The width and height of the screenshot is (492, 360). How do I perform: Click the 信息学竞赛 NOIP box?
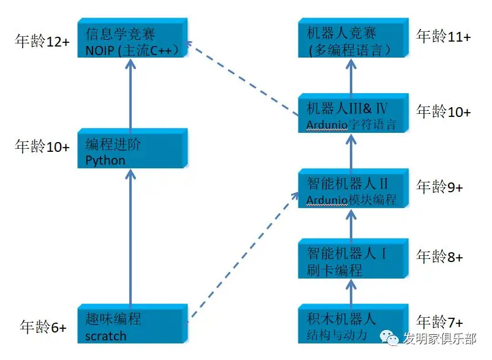(132, 38)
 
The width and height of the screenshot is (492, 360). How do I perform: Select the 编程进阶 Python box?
(132, 148)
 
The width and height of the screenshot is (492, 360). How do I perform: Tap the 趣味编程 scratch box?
(132, 324)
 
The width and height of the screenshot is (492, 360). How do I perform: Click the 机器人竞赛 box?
(354, 38)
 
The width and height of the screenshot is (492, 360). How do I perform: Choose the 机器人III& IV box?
(354, 113)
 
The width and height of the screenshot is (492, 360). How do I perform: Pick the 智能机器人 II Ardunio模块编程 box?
(354, 188)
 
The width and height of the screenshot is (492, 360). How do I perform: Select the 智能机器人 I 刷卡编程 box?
(354, 258)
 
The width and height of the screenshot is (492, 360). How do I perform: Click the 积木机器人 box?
(354, 324)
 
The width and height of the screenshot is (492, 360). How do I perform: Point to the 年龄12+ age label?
(42, 41)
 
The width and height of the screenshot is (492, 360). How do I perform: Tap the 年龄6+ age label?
(43, 327)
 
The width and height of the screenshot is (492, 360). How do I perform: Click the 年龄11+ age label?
(444, 36)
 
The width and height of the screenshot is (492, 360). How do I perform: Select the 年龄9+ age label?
(439, 187)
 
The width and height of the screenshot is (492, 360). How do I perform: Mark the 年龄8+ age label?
(439, 257)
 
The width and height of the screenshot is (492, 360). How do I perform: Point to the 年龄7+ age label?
(439, 322)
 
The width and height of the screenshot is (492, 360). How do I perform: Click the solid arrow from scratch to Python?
(131, 236)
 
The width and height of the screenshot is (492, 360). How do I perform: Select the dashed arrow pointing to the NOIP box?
(242, 78)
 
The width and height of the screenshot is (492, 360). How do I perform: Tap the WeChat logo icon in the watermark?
(390, 337)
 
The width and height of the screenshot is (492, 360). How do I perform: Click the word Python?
(105, 160)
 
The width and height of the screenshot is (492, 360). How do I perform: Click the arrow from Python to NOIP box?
(131, 94)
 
